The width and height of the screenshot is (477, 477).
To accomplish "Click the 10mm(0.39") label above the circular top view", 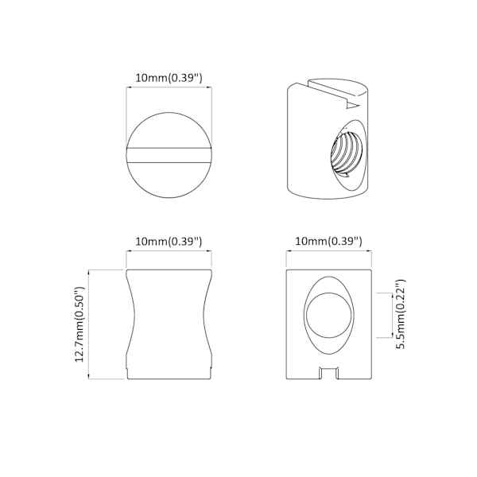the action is pyautogui.click(x=169, y=78).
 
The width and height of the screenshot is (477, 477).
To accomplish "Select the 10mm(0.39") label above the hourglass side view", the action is pyautogui.click(x=169, y=242).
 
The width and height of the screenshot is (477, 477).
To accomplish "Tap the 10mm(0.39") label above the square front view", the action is pyautogui.click(x=329, y=242).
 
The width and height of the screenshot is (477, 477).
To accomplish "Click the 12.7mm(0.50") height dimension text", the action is pyautogui.click(x=79, y=324).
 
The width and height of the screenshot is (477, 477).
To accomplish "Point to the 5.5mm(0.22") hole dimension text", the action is pyautogui.click(x=401, y=314).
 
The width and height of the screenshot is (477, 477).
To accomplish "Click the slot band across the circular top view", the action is pyautogui.click(x=169, y=155).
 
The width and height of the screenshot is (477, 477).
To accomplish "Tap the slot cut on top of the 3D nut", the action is pyautogui.click(x=335, y=91).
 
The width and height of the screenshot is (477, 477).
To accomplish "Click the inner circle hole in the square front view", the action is pyautogui.click(x=329, y=315).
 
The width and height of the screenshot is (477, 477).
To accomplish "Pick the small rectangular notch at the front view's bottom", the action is pyautogui.click(x=329, y=373).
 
